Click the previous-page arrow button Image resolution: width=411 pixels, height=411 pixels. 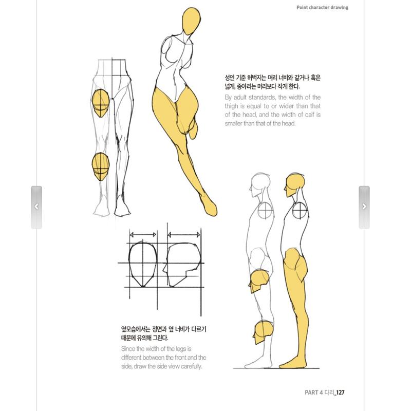(36, 207)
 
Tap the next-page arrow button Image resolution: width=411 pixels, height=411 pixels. (364, 207)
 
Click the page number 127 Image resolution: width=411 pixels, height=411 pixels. (340, 393)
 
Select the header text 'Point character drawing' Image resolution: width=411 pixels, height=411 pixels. (322, 7)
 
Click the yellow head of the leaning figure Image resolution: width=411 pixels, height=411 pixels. (191, 21)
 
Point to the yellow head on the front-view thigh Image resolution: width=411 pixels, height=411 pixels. (101, 103)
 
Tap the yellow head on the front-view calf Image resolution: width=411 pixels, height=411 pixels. (101, 166)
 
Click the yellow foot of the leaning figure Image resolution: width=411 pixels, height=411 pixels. (210, 206)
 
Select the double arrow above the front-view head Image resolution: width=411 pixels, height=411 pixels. (143, 235)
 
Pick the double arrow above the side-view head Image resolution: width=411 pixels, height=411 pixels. (184, 235)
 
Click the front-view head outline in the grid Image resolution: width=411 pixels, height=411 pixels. (143, 264)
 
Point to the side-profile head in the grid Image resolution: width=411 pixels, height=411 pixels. (182, 265)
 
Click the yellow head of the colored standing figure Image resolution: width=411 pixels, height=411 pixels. (294, 185)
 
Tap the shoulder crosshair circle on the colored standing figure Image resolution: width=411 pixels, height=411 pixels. (300, 210)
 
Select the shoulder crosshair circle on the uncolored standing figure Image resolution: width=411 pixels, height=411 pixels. (265, 210)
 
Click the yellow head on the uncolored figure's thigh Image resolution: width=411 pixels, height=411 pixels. (259, 281)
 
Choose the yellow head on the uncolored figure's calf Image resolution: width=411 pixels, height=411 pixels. (263, 332)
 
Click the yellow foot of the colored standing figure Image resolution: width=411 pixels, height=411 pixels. (292, 364)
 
